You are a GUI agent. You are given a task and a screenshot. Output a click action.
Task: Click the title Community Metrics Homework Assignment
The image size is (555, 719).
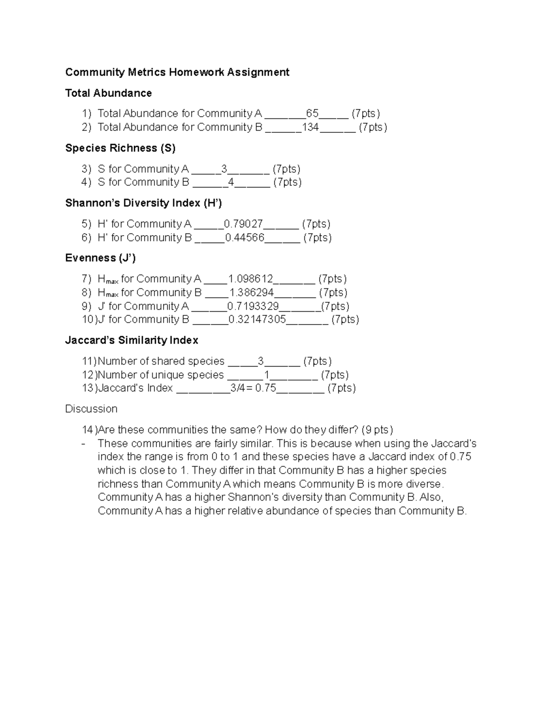(177, 72)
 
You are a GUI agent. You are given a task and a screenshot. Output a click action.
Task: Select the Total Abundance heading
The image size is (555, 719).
(108, 93)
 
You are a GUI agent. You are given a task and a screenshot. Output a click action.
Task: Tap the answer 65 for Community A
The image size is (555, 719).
(312, 113)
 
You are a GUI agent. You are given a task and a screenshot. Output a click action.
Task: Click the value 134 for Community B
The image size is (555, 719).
(310, 127)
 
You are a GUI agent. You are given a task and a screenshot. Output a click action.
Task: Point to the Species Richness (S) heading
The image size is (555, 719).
(120, 148)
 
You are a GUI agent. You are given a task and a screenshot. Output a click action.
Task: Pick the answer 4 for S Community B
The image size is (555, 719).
(231, 182)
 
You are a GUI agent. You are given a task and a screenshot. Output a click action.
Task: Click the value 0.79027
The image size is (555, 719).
(243, 224)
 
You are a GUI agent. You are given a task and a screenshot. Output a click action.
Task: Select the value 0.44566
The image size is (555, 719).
(245, 238)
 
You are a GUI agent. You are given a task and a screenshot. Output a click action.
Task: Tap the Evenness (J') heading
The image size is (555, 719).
(100, 258)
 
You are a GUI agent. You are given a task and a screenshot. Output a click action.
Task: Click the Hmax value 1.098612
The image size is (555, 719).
(251, 279)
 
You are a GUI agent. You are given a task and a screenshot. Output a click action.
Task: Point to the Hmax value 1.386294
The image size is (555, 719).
(252, 292)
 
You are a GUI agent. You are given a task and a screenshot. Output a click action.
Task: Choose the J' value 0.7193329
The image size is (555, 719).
(253, 306)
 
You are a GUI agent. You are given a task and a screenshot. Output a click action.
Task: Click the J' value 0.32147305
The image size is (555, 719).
(257, 319)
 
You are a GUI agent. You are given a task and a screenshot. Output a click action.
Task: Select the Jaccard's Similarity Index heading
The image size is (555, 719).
(132, 340)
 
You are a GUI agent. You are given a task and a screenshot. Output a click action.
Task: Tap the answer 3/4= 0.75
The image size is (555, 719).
(253, 388)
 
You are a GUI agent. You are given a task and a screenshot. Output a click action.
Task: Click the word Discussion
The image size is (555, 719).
(91, 409)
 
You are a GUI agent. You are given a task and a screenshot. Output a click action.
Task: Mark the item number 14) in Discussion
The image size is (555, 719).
(89, 430)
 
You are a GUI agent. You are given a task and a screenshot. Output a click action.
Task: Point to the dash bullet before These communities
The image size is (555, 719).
(83, 444)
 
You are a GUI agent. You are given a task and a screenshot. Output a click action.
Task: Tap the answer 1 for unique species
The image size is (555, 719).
(266, 375)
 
